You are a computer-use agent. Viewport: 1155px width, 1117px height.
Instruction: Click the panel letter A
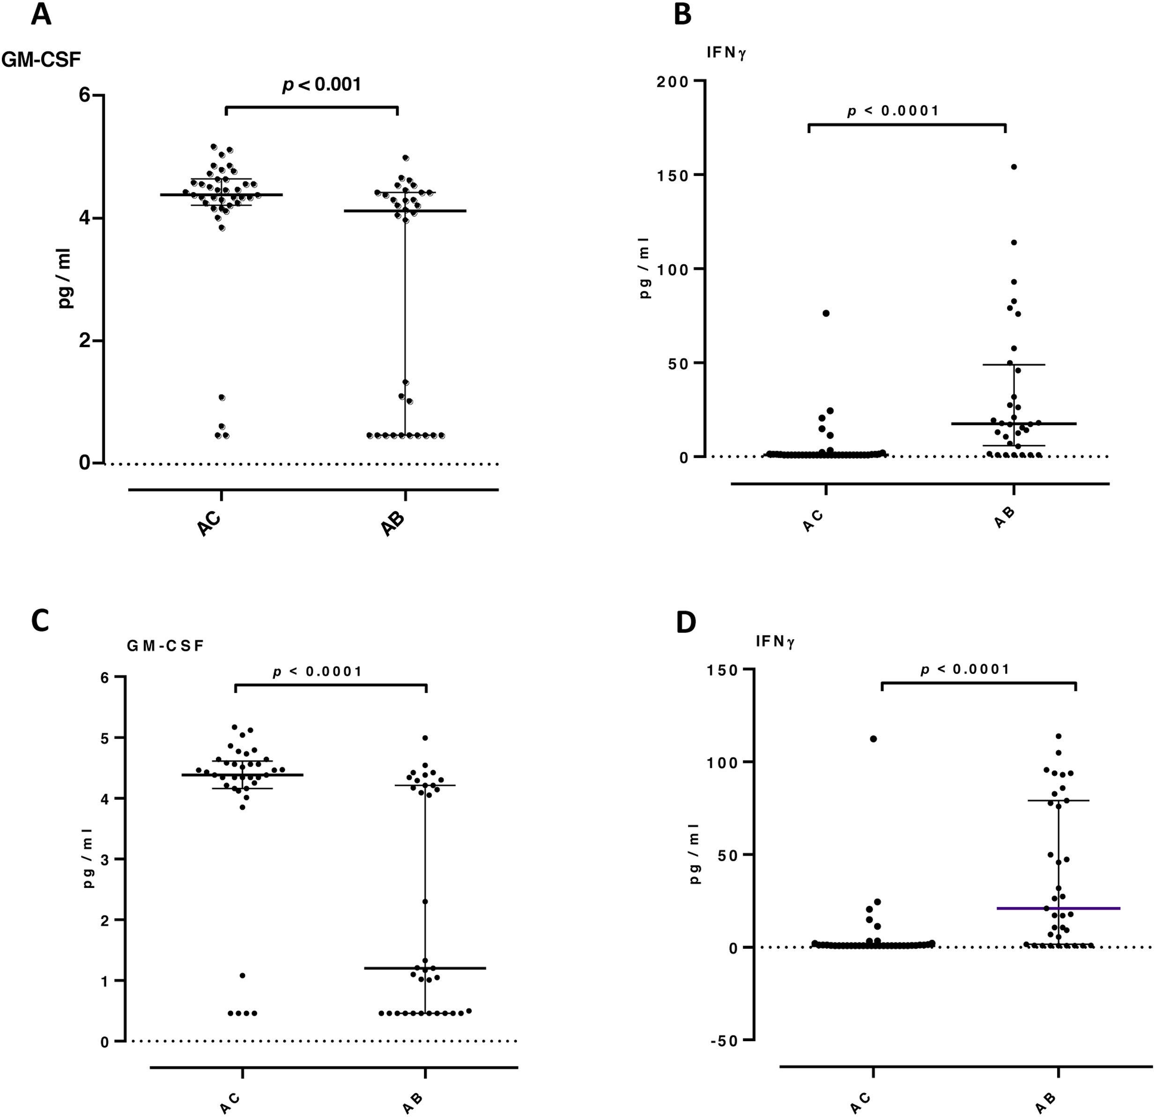click(41, 15)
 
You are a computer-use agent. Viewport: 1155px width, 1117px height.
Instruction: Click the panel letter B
click(682, 15)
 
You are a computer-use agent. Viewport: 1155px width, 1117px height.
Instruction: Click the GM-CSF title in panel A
click(41, 59)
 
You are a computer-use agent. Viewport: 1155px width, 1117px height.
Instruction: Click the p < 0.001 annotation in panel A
click(321, 85)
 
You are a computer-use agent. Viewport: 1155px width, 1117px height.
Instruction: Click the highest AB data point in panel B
click(1014, 167)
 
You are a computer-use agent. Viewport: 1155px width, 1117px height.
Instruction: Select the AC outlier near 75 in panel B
click(826, 313)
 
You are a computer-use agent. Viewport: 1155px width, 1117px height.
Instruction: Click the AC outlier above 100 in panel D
click(874, 739)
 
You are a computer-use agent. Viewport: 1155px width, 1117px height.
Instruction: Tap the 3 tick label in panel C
click(104, 859)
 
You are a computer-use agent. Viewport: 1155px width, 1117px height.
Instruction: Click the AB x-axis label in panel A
click(393, 523)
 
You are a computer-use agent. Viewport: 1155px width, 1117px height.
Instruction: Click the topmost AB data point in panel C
click(425, 738)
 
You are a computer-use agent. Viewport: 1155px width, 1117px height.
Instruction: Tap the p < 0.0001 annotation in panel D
click(965, 669)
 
